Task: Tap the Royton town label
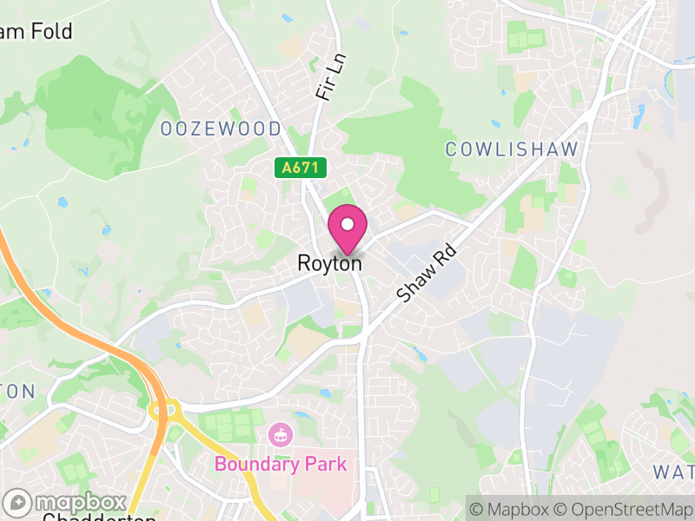point(329,262)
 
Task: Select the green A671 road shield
point(295,167)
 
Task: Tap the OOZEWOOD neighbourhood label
point(221,129)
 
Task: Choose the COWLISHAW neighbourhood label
point(512,149)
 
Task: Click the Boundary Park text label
point(281,464)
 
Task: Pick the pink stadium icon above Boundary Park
point(280,434)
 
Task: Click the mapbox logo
point(65,503)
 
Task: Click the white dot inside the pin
point(347,224)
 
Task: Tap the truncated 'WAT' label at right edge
point(673,472)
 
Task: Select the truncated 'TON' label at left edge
point(17,391)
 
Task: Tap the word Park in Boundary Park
point(323,464)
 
